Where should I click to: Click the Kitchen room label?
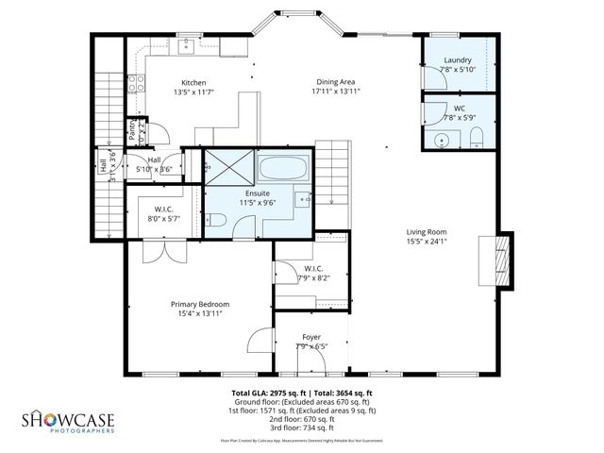[193, 82]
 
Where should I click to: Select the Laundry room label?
[459, 59]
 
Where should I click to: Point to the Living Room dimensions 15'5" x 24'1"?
[427, 242]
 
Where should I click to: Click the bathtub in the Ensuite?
[283, 171]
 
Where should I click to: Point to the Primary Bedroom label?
[199, 304]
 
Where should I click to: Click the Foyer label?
[310, 336]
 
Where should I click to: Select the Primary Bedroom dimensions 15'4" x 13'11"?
[199, 314]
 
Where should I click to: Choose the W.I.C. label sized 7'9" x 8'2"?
[315, 272]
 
